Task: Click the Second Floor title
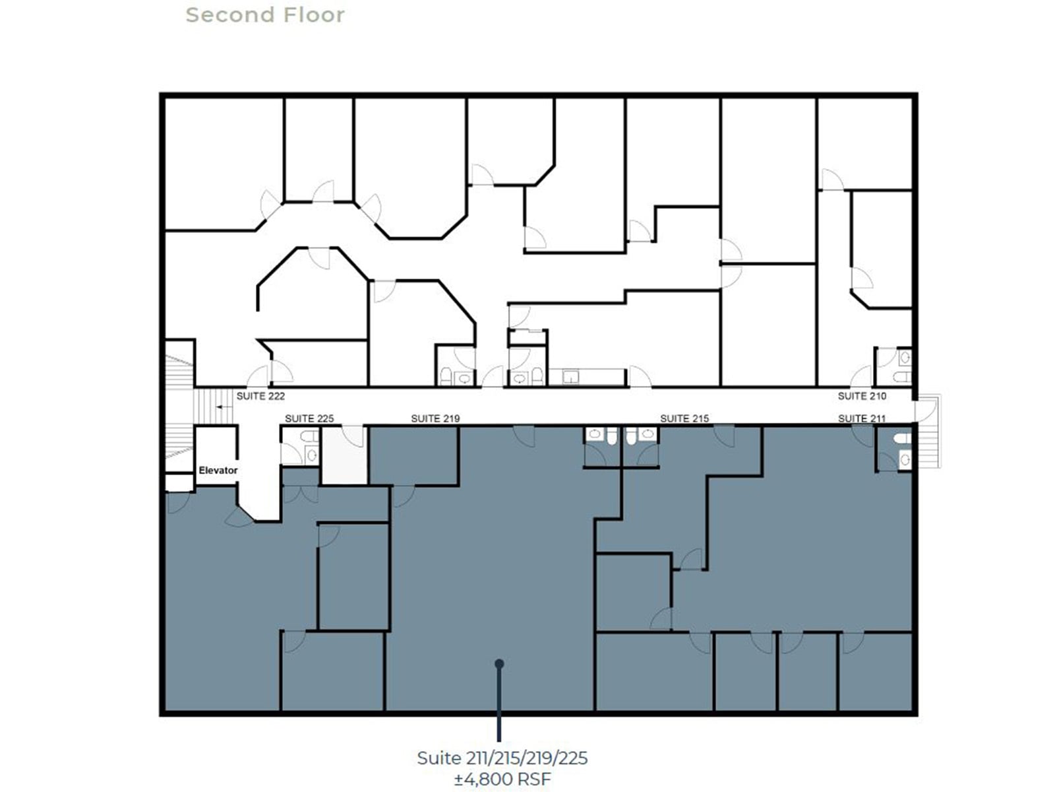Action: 265,15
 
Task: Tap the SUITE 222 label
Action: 260,396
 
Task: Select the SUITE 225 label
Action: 309,418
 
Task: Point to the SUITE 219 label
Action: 435,418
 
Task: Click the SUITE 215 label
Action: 684,418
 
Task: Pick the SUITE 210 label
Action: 862,396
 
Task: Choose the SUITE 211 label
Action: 862,418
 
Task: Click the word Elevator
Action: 218,471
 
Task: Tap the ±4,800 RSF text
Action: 502,779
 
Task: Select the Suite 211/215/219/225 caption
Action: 502,758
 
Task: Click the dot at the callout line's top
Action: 499,663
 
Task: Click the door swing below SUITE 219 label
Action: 525,436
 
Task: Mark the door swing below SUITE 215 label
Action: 725,436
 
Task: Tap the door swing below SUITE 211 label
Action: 863,436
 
